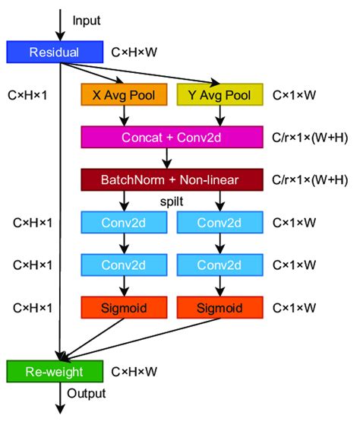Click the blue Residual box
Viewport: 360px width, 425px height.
[x=54, y=52]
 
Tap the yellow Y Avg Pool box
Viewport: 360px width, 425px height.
[x=219, y=95]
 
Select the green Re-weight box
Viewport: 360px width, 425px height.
[x=54, y=371]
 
